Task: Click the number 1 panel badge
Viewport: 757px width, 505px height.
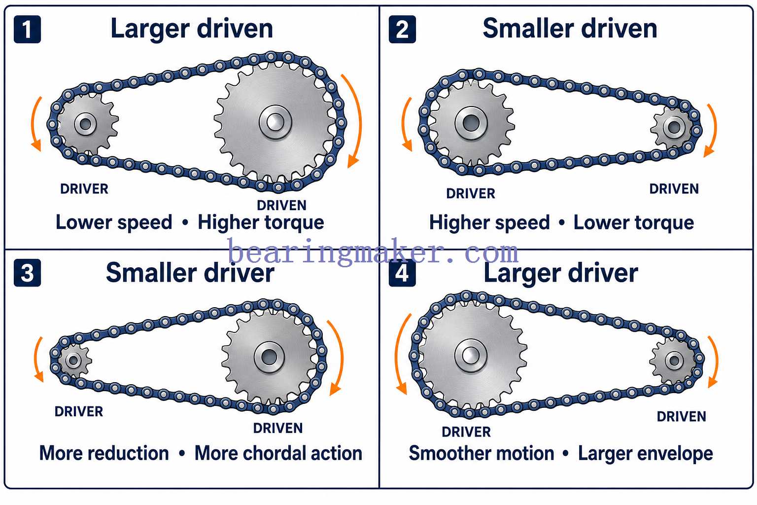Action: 28,30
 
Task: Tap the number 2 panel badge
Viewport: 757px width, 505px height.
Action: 402,30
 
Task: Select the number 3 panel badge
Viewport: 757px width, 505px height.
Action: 28,273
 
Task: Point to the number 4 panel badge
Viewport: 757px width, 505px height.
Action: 402,273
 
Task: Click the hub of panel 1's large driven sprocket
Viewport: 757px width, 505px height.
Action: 275,122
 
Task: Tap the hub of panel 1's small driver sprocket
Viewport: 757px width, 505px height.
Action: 85,124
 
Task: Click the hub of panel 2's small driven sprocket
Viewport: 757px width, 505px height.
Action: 674,128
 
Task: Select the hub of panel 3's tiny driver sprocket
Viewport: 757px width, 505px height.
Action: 73,360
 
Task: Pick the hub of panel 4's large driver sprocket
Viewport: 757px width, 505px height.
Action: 471,356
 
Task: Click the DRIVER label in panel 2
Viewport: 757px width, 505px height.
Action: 471,194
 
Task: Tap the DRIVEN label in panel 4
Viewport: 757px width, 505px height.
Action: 681,417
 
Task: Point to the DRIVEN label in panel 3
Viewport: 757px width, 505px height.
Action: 278,428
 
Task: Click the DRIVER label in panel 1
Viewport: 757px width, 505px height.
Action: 84,189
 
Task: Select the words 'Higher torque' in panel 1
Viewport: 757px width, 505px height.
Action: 261,223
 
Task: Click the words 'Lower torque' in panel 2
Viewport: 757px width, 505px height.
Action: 634,223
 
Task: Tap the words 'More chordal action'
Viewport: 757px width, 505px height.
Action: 278,453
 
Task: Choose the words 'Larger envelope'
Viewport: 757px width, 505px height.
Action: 646,454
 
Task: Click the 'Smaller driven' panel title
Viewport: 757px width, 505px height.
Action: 570,29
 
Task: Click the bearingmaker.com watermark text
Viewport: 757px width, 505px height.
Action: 373,252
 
